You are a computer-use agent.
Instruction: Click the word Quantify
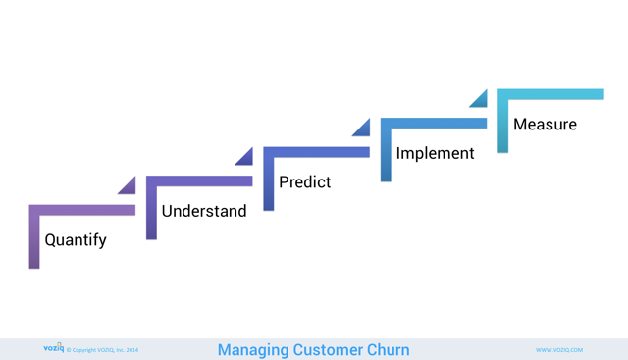[x=76, y=240]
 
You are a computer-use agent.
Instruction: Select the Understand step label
[x=204, y=211]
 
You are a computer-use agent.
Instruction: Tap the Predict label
[x=304, y=182]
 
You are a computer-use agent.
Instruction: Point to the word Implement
[x=435, y=153]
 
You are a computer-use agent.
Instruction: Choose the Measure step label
[x=545, y=125]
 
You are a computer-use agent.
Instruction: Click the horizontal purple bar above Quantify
[x=82, y=210]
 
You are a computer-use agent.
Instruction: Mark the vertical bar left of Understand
[x=151, y=211]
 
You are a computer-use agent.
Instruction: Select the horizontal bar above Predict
[x=316, y=152]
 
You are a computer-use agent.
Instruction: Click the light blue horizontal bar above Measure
[x=550, y=94]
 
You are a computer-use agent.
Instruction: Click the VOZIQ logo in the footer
[x=53, y=348]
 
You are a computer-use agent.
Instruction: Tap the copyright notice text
[x=103, y=350]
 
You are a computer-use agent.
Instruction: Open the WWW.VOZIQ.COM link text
[x=558, y=350]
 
